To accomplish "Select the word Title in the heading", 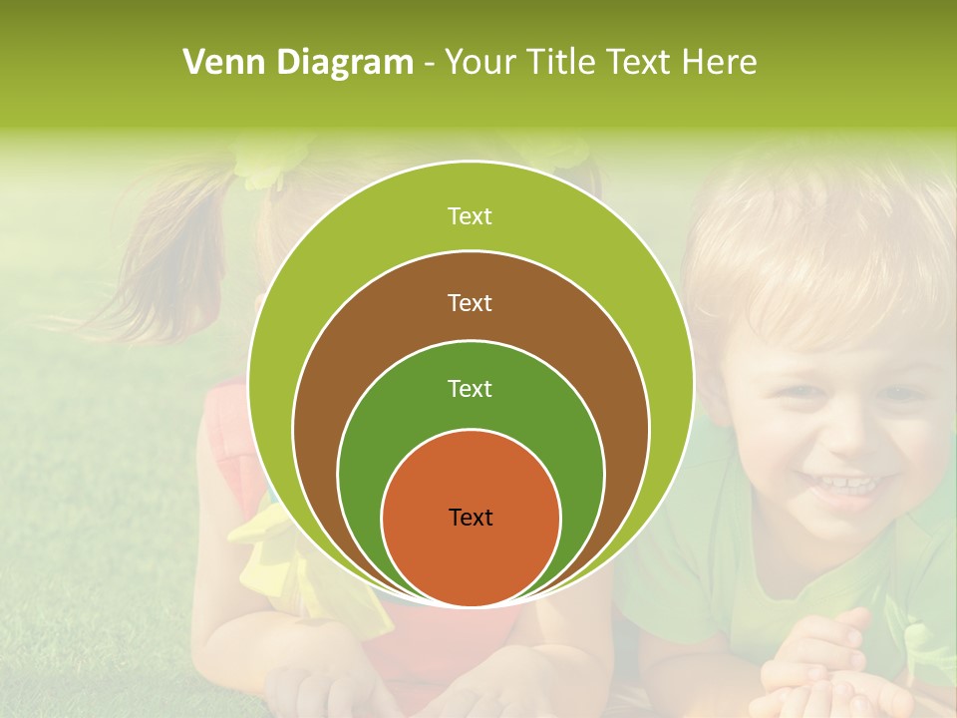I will (563, 63).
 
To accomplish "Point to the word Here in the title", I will (719, 63).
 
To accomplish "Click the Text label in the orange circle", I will (471, 518).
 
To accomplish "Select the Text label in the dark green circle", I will (471, 389).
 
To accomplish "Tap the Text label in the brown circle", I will (471, 303).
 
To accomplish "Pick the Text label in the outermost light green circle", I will (471, 216).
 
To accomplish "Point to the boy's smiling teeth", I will (843, 486).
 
